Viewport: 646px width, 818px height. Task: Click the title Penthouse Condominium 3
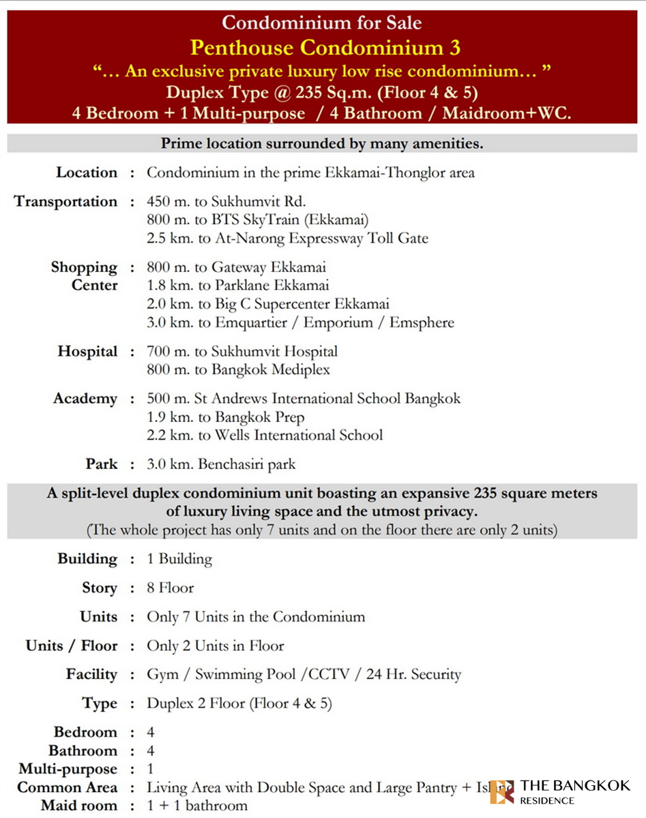coord(325,47)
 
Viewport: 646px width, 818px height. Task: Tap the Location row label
coord(87,172)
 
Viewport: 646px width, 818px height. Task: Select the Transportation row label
coord(65,202)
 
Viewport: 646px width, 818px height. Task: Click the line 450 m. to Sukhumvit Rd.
coord(226,202)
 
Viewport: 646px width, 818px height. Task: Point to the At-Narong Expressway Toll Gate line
coord(287,239)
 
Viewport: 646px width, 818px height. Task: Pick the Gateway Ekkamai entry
coord(236,267)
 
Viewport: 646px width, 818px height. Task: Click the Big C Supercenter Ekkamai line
coord(268,304)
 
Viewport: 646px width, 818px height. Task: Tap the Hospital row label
coord(87,352)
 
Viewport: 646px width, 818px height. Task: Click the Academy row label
coord(85,399)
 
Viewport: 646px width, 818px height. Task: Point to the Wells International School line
coord(265,435)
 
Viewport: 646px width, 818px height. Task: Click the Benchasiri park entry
coord(221,465)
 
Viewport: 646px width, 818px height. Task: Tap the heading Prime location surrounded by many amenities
coord(322,144)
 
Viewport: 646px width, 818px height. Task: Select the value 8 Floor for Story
coord(171,588)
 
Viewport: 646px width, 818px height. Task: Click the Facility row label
coord(91,675)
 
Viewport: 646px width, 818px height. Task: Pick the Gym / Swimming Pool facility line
coord(304,675)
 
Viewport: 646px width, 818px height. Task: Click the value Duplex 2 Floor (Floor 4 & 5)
coord(239,703)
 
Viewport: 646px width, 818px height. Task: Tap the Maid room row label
coord(79,806)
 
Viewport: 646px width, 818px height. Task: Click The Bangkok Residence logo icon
coord(502,792)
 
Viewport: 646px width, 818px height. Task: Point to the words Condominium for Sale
coord(322,22)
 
